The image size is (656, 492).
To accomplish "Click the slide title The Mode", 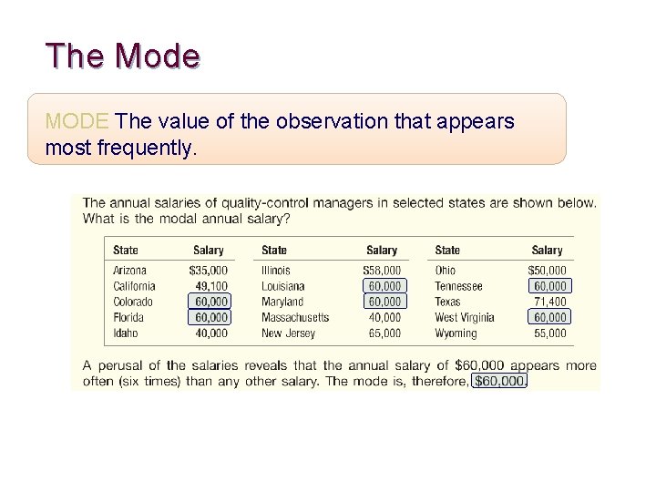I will [x=123, y=56].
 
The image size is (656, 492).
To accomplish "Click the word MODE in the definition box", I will [x=77, y=121].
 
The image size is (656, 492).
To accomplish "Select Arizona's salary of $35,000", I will [x=209, y=271].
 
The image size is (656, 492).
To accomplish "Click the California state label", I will [x=134, y=286].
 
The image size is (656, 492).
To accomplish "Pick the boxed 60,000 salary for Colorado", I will [x=210, y=302].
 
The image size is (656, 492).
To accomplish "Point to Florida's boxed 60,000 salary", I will [x=210, y=317].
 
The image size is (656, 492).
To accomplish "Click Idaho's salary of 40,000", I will [x=210, y=333].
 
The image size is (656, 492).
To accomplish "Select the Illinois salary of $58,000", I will [x=382, y=271].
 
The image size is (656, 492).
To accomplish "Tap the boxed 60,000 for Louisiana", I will [x=384, y=286].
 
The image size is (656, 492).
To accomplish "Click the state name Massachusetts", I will [x=295, y=317].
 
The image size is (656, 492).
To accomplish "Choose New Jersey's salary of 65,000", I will [x=384, y=333].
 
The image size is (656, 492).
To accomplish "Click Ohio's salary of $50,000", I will [x=547, y=271].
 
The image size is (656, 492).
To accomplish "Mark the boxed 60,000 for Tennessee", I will [x=549, y=286].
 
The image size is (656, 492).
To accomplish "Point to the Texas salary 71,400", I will [x=549, y=302].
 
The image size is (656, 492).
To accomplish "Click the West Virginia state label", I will [x=465, y=317].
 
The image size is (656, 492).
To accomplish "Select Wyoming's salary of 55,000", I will [x=549, y=333].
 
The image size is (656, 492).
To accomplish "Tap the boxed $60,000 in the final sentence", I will [x=499, y=381].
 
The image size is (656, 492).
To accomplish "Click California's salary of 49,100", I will [x=210, y=286].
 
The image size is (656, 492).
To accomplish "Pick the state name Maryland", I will [x=282, y=302].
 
